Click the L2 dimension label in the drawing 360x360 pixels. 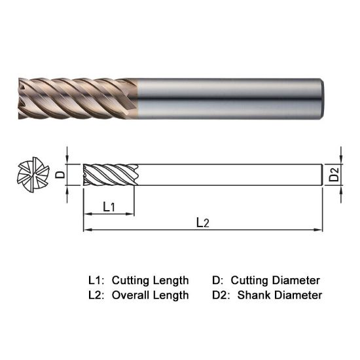(203, 223)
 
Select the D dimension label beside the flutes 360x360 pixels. (59, 175)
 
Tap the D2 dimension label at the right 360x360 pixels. (334, 175)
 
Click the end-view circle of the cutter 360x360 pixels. (32, 174)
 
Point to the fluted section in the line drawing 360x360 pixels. (110, 175)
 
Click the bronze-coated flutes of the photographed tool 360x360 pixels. (79, 98)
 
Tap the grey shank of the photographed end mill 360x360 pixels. (229, 98)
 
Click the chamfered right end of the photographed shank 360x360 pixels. (323, 98)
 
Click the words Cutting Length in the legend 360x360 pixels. (151, 280)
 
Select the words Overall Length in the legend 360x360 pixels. (151, 295)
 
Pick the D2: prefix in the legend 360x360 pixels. (223, 295)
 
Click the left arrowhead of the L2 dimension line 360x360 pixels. (86, 230)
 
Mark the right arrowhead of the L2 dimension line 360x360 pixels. (320, 230)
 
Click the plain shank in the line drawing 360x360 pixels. (229, 175)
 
